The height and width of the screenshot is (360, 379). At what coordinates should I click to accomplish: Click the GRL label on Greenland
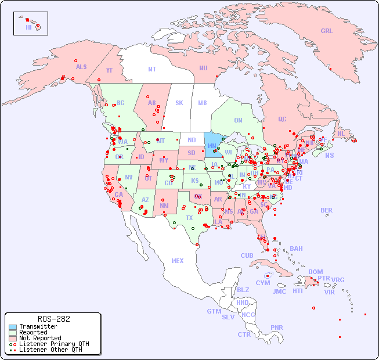tap(327, 31)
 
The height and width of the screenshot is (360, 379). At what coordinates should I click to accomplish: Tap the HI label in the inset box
tap(28, 27)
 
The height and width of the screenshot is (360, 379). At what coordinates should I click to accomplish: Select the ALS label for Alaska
tap(81, 67)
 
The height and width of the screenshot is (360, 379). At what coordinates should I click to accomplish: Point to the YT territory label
tap(109, 70)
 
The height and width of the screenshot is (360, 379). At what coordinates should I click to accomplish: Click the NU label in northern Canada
tap(203, 68)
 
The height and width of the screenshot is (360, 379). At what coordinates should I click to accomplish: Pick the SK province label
tap(179, 103)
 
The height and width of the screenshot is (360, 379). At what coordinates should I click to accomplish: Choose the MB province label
tap(202, 103)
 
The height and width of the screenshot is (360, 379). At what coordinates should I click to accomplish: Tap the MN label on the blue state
tap(211, 146)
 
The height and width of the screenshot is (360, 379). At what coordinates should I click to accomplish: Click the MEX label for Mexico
tap(178, 261)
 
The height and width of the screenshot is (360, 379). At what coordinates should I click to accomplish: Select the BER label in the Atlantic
tap(327, 210)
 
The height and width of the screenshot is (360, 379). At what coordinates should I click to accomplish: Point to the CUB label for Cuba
tap(247, 255)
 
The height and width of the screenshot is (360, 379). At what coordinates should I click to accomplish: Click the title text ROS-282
tap(53, 319)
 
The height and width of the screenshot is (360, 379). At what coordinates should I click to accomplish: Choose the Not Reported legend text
tap(40, 338)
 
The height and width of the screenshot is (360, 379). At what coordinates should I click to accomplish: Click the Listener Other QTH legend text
tap(50, 350)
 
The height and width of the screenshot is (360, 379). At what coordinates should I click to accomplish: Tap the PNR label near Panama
tap(277, 327)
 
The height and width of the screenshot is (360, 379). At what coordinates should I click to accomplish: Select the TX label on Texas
tap(189, 218)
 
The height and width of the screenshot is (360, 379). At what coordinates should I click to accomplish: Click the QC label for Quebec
tap(282, 119)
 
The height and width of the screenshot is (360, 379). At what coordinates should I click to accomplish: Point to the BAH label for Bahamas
tap(296, 249)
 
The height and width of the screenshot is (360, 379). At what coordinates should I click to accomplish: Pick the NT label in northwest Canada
tap(152, 69)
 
